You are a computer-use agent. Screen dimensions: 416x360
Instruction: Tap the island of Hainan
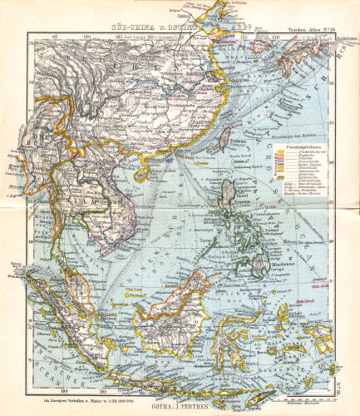coord(144,171)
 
